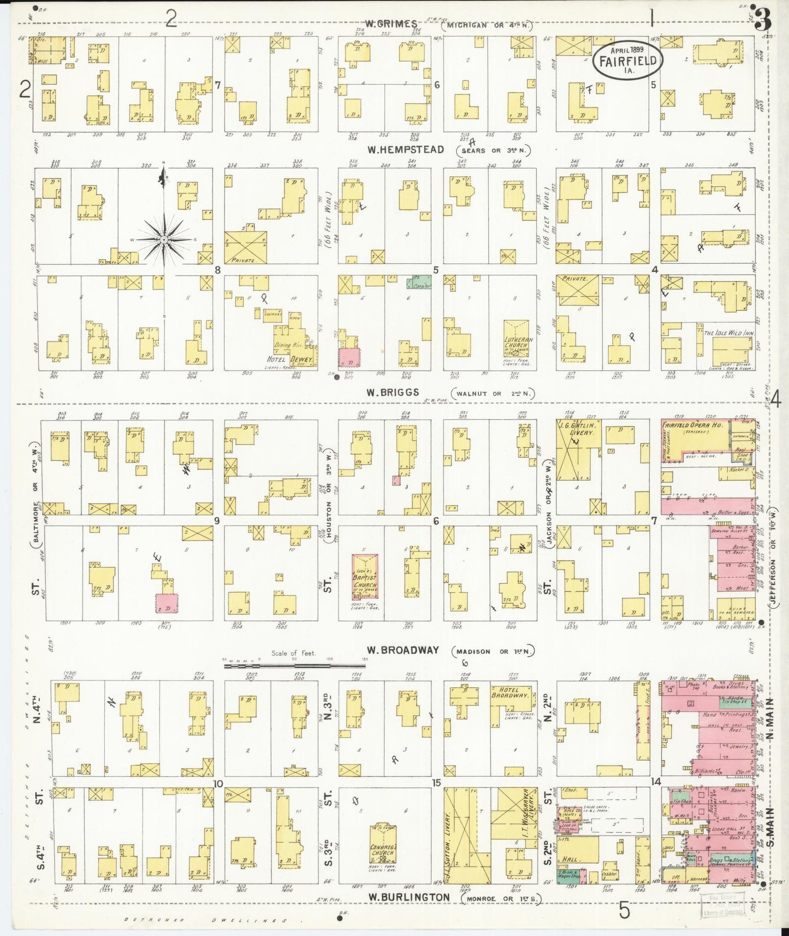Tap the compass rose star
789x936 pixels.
(164, 239)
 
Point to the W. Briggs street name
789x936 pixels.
(393, 392)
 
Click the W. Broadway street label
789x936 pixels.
(402, 650)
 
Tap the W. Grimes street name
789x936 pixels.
(391, 23)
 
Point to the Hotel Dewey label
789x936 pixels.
(289, 360)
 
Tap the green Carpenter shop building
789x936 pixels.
(419, 282)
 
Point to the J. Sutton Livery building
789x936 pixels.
(460, 836)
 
